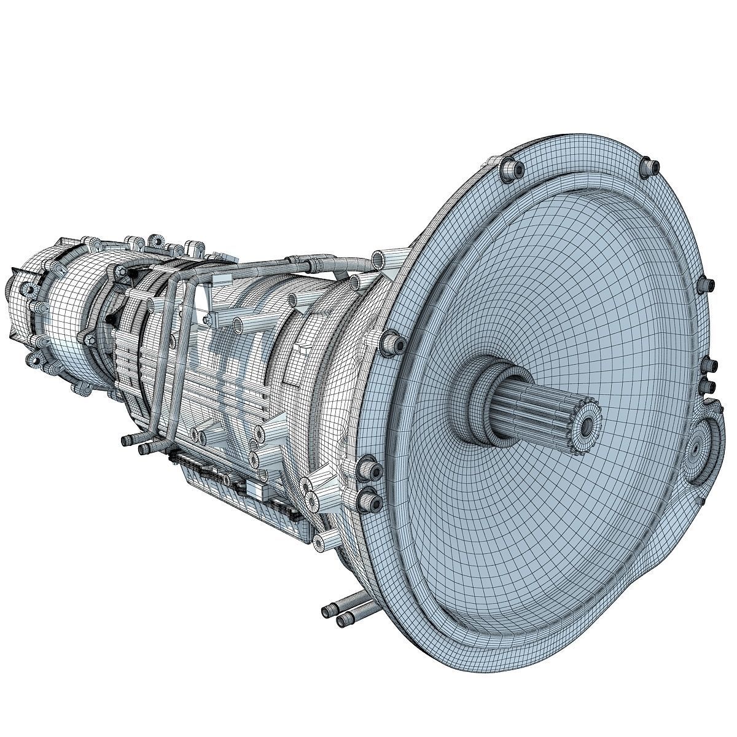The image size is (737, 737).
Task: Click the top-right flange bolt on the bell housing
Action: (x=652, y=165)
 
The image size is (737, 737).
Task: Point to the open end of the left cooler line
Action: (x=127, y=440)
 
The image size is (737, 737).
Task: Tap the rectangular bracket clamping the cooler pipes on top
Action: (x=166, y=270)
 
